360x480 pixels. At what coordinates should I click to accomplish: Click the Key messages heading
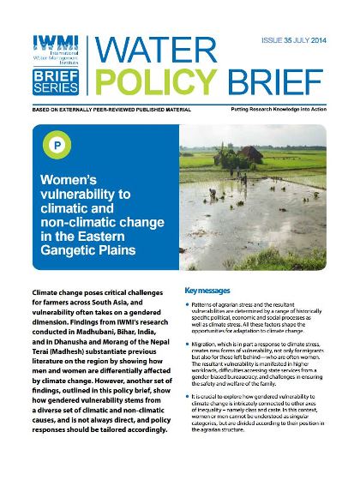coord(208,291)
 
